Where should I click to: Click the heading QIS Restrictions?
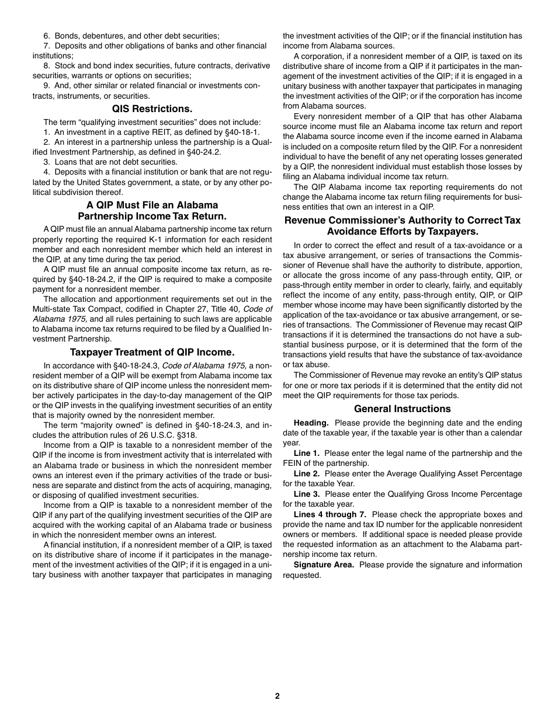click(x=152, y=109)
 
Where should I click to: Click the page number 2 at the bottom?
click(x=277, y=696)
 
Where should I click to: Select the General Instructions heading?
click(x=402, y=409)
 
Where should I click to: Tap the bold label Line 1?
click(x=306, y=453)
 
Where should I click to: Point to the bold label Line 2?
click(x=306, y=473)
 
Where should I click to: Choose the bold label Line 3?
click(x=306, y=494)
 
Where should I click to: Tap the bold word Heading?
click(x=311, y=423)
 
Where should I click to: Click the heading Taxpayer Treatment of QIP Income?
click(x=152, y=352)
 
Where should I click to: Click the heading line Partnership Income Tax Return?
click(x=152, y=216)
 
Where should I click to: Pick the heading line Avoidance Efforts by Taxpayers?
click(x=402, y=231)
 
